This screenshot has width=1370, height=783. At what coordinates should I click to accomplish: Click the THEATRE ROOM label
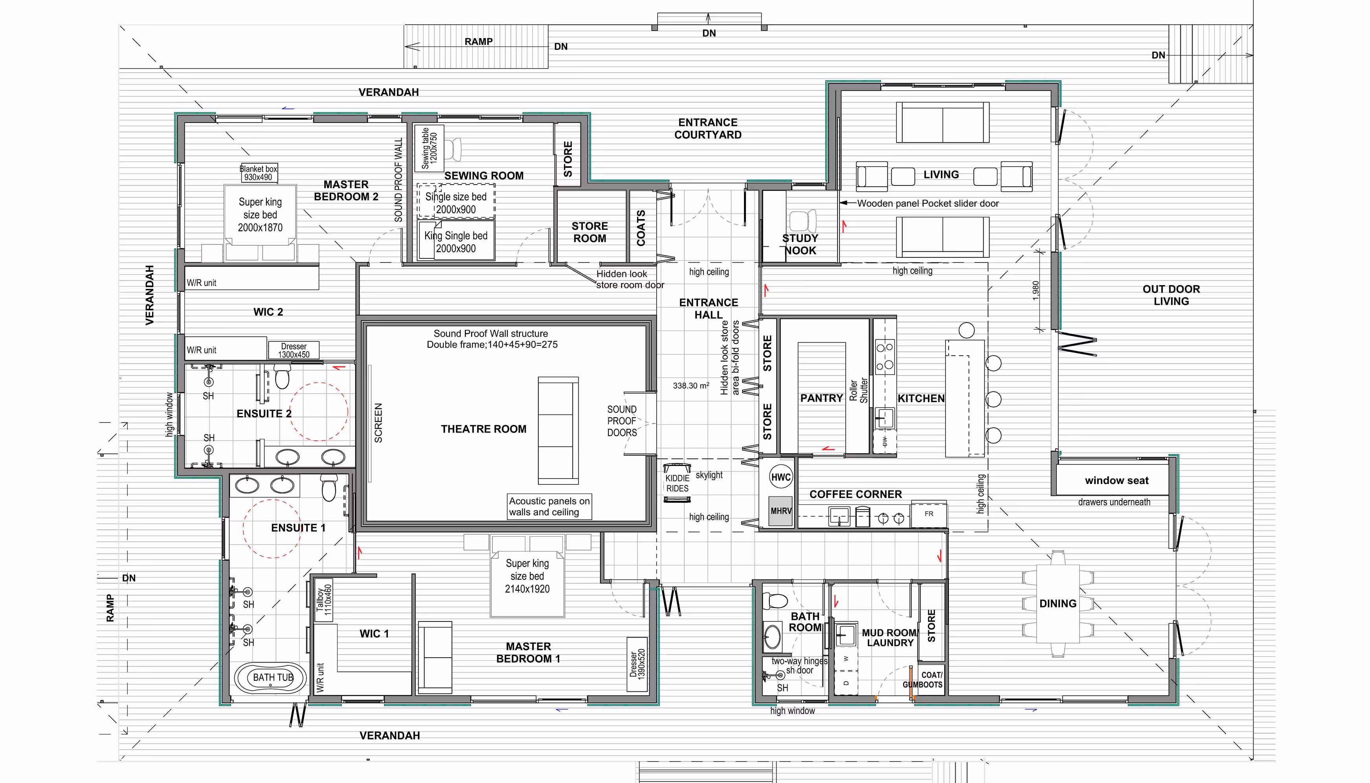point(483,429)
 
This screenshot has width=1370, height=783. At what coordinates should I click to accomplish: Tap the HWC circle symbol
point(780,477)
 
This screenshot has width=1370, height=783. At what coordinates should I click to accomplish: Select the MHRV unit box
point(780,510)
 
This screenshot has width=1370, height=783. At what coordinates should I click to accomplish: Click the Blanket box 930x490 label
point(258,172)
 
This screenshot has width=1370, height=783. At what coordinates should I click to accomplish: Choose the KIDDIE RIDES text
point(677,483)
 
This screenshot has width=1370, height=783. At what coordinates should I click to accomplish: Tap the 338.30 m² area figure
point(691,385)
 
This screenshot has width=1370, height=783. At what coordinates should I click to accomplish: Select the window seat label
point(1117,480)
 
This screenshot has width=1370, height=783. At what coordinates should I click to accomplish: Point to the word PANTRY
point(821,398)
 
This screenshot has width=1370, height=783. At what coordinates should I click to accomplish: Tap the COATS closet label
point(641,228)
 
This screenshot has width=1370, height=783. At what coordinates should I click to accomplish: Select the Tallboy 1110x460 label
point(324,600)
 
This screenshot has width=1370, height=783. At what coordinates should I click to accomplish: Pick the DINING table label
point(1058,603)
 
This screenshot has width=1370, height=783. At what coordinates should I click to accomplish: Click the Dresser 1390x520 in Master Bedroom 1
point(637,664)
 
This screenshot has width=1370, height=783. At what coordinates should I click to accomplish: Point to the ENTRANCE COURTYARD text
point(708,128)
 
